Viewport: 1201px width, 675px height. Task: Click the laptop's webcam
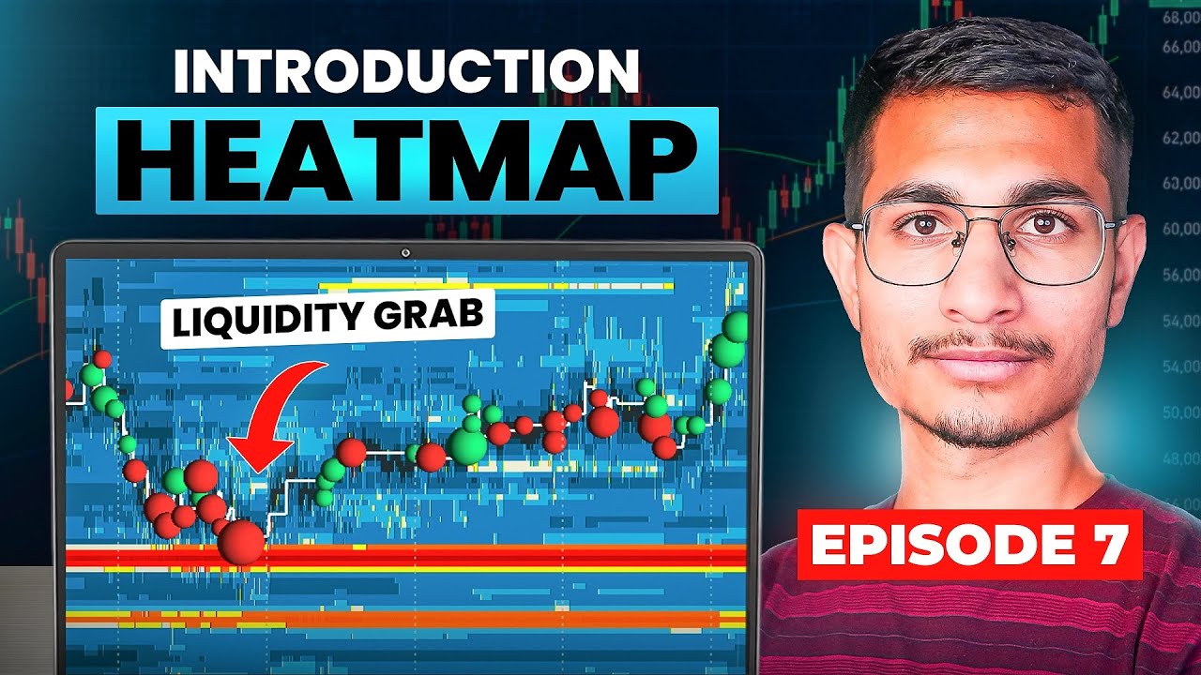coord(406,252)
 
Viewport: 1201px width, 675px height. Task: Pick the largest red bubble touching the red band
coord(242,542)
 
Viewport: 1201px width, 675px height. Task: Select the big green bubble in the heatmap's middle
coord(467,444)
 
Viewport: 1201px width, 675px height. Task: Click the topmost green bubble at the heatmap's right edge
coord(736,326)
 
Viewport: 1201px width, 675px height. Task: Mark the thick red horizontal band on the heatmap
coord(406,557)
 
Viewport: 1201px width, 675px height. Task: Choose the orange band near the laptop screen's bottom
coord(406,619)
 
